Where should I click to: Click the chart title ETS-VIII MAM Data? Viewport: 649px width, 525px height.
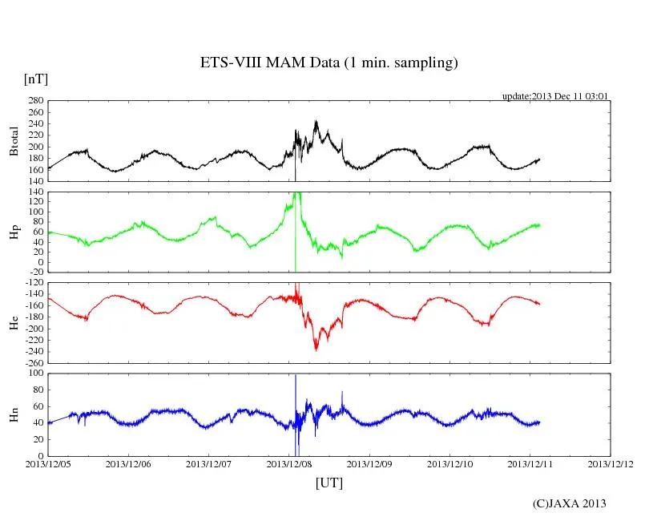329,63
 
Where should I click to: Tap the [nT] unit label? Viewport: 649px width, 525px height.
35,79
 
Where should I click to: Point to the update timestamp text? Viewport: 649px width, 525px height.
555,95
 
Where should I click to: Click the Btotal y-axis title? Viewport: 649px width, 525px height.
14,141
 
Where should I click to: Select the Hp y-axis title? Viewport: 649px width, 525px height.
14,232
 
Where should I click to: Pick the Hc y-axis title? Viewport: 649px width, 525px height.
14,322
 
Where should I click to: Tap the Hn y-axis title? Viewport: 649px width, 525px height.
14,414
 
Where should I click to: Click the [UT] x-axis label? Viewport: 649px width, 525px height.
329,483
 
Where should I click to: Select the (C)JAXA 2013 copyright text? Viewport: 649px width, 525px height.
570,503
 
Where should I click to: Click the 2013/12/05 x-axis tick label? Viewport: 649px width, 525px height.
48,464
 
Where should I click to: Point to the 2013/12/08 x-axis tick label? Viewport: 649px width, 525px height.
289,464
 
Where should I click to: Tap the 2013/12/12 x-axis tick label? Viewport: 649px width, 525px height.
611,464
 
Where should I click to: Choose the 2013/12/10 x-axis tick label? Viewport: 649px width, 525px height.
450,464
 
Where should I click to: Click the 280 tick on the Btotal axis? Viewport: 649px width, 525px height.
35,101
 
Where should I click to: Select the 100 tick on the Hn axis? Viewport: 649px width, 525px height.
35,374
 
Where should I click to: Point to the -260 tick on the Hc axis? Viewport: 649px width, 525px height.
32,363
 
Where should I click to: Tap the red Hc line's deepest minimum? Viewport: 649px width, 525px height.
316,349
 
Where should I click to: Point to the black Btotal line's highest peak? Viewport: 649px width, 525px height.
316,122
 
